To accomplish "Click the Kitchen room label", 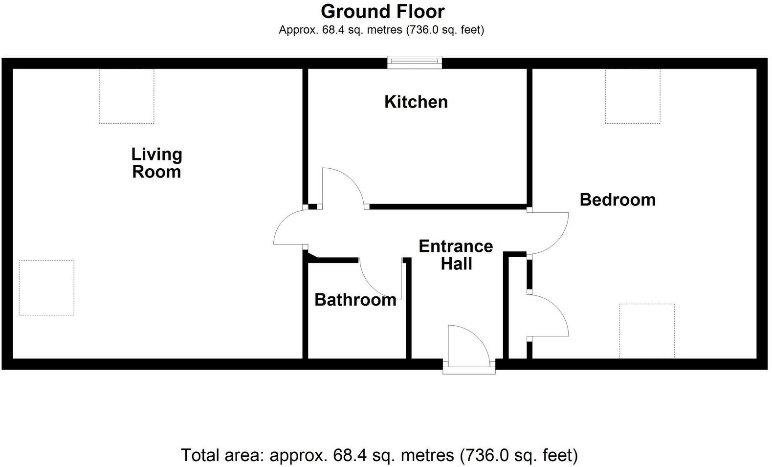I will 416,102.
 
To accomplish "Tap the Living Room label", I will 156,163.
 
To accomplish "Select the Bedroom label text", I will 618,200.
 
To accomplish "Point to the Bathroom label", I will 355,299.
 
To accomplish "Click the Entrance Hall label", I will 456,254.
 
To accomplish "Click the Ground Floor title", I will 383,11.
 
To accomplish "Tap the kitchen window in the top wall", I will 415,62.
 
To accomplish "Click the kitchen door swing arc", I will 345,183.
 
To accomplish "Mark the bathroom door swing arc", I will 379,281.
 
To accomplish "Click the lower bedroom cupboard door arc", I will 552,313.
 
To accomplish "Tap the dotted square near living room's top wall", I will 127,96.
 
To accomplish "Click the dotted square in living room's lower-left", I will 46,288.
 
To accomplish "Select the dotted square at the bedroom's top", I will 633,96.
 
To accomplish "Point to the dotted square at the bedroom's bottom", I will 647,331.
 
